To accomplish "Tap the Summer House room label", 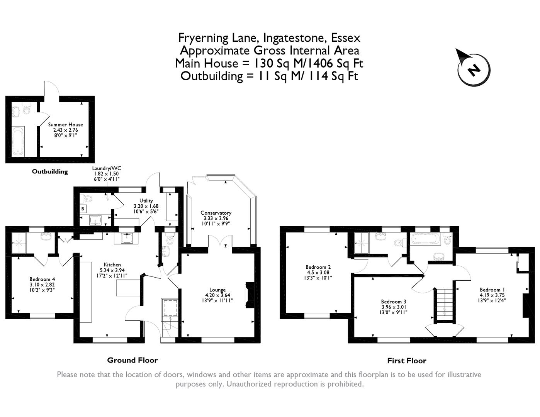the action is point(65,125).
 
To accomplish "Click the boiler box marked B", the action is point(83,209).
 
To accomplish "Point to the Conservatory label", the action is point(216,213).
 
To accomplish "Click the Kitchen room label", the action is point(112,265).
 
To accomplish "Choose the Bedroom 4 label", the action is point(42,279).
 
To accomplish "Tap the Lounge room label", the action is point(217,290).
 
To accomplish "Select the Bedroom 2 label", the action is point(318,267).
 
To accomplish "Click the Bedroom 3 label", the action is point(394,302).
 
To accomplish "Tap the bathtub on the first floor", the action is point(426,239).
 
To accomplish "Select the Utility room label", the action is point(146,201).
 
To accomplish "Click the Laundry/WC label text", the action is point(107,168).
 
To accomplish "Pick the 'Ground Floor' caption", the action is point(132,360).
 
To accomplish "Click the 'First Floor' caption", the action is point(407,361).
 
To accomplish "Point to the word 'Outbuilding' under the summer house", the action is point(50,171).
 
